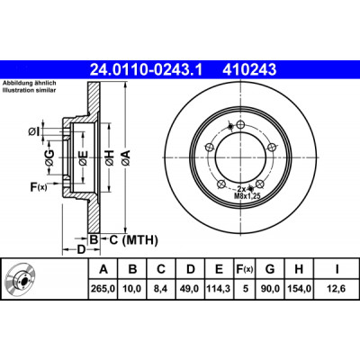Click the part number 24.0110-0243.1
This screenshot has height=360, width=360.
147,70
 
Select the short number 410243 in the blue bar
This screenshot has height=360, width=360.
249,70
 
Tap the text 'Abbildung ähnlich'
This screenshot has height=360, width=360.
30,83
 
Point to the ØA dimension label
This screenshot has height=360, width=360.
126,157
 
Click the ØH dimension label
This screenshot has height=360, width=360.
110,157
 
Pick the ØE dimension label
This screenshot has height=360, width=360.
83,157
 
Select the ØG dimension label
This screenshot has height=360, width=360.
50,157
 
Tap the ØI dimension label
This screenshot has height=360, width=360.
34,131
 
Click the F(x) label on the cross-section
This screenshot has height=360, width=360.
39,187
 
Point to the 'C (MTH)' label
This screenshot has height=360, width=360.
133,240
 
